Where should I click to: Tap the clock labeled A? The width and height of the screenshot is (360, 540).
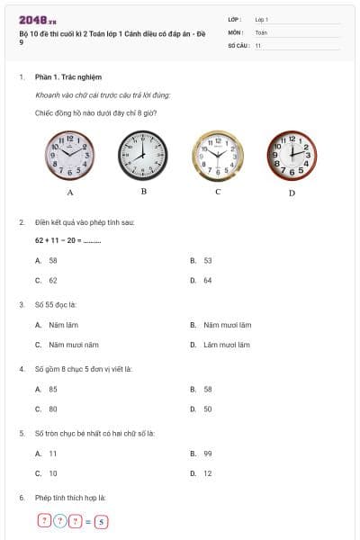(x=70, y=155)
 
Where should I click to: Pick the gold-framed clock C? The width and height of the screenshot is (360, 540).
(x=218, y=155)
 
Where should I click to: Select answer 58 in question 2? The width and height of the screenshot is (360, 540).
(x=53, y=260)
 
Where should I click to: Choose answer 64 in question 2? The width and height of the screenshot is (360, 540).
(x=208, y=280)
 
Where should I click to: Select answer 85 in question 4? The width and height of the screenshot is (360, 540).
(x=53, y=389)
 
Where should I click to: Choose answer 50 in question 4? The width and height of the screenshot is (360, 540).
(x=208, y=409)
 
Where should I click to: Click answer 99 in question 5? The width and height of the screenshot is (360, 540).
(x=208, y=454)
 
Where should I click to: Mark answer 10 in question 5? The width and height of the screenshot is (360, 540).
(x=53, y=472)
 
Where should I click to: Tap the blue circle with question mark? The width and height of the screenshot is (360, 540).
(x=60, y=520)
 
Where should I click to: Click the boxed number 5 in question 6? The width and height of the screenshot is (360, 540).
(x=102, y=520)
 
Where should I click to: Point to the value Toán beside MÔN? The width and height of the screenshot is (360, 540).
(x=262, y=31)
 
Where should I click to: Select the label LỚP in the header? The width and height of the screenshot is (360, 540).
(x=235, y=19)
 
